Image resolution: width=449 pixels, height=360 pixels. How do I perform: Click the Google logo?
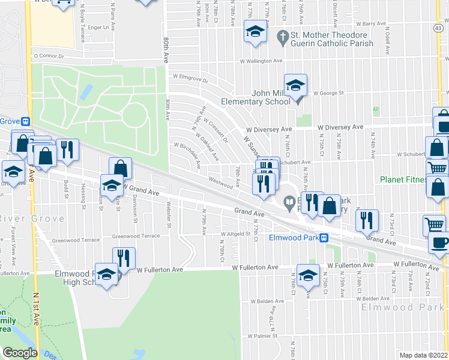(20, 353)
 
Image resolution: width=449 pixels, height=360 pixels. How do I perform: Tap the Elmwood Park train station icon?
(323, 238)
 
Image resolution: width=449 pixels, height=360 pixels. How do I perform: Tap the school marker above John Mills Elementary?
(295, 86)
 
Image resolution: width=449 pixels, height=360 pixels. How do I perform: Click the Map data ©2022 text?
(423, 355)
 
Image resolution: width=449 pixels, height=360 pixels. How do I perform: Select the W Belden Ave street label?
(270, 301)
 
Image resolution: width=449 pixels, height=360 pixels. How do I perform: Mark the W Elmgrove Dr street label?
(190, 78)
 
